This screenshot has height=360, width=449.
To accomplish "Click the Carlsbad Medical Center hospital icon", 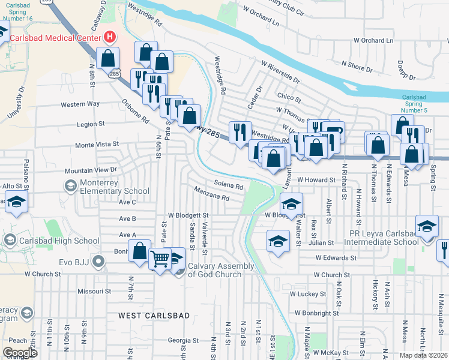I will pyautogui.click(x=110, y=37).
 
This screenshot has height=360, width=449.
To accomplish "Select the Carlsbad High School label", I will pyautogui.click(x=59, y=241).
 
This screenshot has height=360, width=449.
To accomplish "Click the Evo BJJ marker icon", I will pyautogui.click(x=100, y=262).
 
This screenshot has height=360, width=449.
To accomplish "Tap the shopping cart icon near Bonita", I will pyautogui.click(x=160, y=260).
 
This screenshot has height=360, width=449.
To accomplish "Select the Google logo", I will pyautogui.click(x=20, y=353).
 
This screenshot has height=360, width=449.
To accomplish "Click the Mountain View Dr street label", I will pyautogui.click(x=90, y=170).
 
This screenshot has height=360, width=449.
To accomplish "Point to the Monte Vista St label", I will pyautogui.click(x=96, y=145).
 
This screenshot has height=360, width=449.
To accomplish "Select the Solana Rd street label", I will pyautogui.click(x=228, y=185).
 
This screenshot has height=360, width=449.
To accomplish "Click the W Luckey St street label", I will pyautogui.click(x=308, y=294).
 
